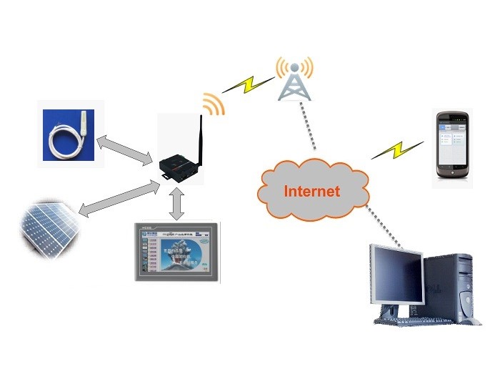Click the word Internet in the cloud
(312, 191)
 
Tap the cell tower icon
(294, 86)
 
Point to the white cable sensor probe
(68, 134)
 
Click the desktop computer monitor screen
(395, 275)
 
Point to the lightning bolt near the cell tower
(247, 85)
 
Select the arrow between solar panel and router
(118, 198)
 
